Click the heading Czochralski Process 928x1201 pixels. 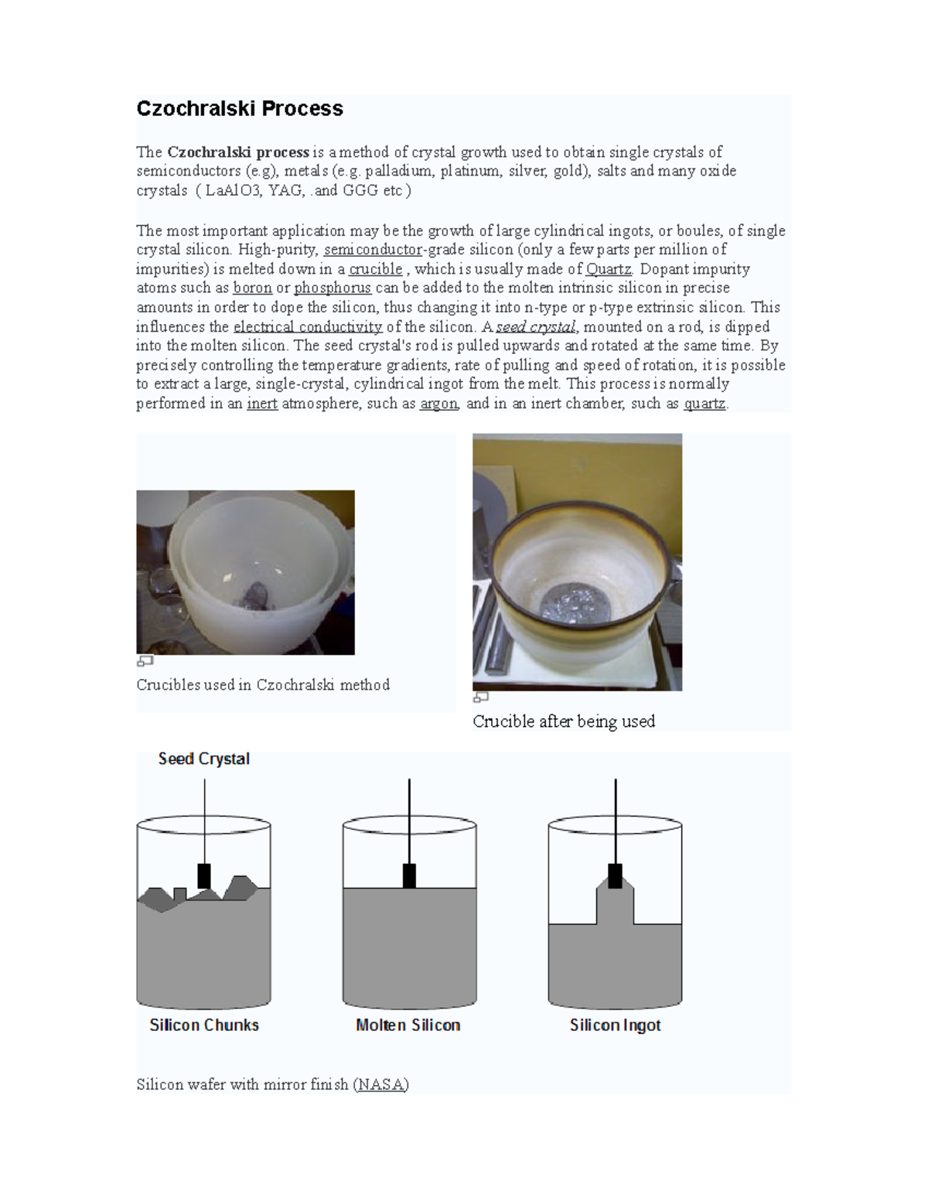pos(240,108)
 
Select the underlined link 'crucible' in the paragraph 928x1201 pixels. pos(376,269)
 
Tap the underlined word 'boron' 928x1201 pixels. pos(252,288)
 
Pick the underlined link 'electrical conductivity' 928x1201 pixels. pos(308,327)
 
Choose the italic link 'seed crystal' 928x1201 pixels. pos(535,327)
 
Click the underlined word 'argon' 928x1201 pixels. pos(439,404)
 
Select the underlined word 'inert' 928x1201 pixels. pos(262,404)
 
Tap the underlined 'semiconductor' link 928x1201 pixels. pos(373,250)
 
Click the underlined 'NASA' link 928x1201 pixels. pos(380,1084)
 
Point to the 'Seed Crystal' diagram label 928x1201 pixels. pos(203,759)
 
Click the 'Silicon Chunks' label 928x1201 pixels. pos(204,1025)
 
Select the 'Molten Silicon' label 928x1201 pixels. pos(408,1025)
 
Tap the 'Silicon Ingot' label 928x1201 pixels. pos(615,1025)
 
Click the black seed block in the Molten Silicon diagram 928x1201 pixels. pos(409,875)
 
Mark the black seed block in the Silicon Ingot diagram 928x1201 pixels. pos(615,875)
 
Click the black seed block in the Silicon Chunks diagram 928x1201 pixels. pos(204,875)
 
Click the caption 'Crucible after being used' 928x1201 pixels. pos(563,722)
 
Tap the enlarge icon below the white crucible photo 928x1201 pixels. pos(145,661)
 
